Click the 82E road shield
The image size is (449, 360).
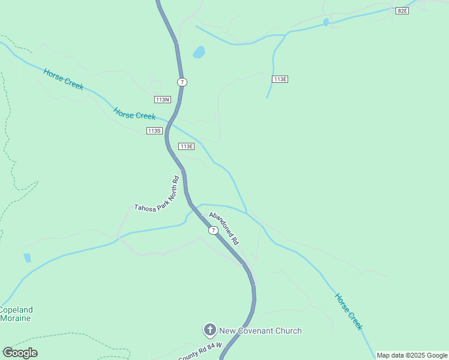[x=402, y=11]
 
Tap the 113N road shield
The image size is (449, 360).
[x=162, y=100]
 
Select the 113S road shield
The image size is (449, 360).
[x=154, y=131]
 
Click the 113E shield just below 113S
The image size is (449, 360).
[x=186, y=146]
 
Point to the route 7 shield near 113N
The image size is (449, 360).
[x=182, y=82]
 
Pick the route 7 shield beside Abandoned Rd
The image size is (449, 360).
[x=213, y=230]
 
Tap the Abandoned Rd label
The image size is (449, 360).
[x=224, y=228]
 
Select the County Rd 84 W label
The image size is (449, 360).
[x=200, y=352]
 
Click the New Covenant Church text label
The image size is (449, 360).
[x=260, y=331]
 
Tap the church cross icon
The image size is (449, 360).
[x=209, y=330]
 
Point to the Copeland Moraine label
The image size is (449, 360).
[x=16, y=314]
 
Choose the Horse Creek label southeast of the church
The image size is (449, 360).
[x=349, y=311]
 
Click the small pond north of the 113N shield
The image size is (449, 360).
[x=199, y=52]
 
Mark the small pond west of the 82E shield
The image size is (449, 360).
[x=326, y=22]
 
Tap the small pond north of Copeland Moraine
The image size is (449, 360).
[x=27, y=258]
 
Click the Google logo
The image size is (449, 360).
[x=20, y=353]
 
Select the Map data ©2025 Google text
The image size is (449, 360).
[x=412, y=355]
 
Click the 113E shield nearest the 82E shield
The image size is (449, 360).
[x=280, y=79]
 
